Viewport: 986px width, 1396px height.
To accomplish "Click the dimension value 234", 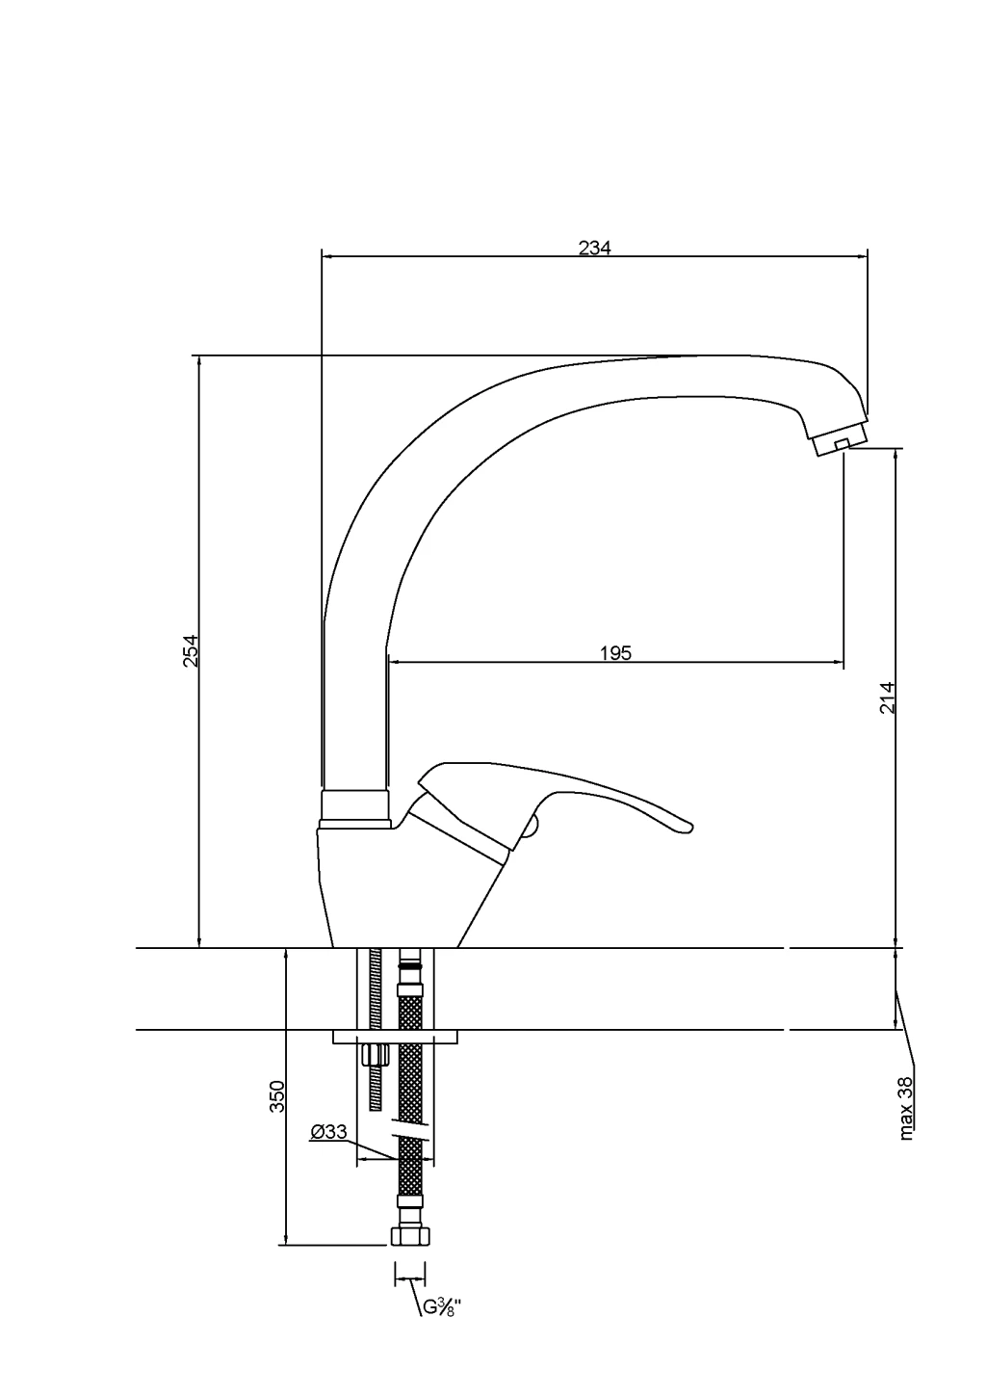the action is (x=595, y=248).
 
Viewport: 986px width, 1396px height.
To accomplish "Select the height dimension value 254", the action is (x=191, y=650).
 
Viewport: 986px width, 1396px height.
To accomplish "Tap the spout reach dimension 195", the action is (x=615, y=653).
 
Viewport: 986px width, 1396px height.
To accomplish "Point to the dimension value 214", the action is (x=887, y=698).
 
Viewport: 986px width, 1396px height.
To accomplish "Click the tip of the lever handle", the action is (x=689, y=827).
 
